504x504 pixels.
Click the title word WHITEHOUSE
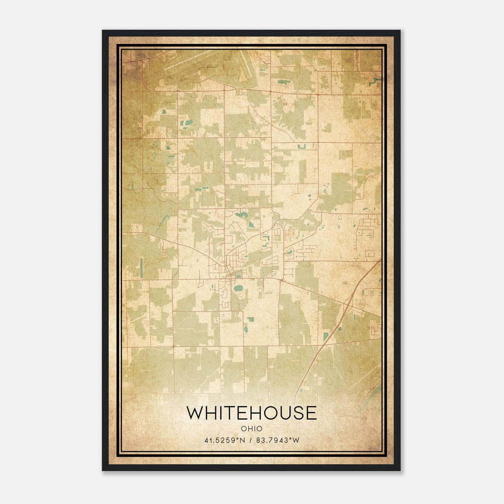(x=251, y=413)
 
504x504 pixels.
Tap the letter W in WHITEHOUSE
(x=195, y=413)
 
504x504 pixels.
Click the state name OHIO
(x=251, y=429)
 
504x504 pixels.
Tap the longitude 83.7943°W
(x=278, y=440)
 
